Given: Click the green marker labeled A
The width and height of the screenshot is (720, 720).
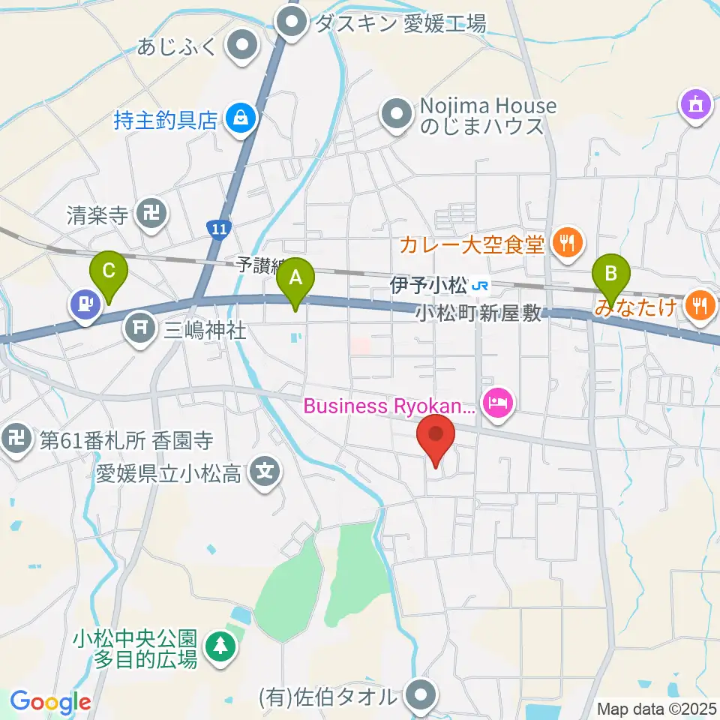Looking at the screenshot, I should tap(295, 280).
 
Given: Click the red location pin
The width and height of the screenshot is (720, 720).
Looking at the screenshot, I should tap(436, 438).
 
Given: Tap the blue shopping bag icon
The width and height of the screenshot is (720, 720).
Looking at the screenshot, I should tap(240, 119).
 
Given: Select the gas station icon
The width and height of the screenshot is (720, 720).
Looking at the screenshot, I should tap(84, 304).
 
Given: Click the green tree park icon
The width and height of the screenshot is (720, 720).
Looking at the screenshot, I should tap(220, 646).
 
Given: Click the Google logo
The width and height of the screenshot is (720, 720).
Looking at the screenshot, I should tap(50, 702).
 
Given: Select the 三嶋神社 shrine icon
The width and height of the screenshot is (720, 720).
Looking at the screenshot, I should tap(139, 328).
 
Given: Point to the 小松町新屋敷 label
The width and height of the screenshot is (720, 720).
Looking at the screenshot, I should tap(478, 314).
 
